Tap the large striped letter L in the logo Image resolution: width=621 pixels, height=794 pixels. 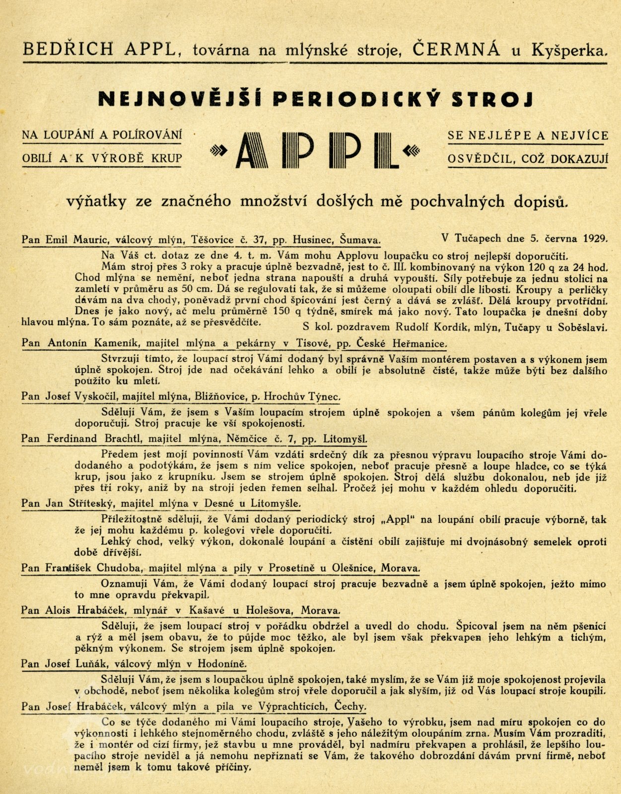[x=388, y=150]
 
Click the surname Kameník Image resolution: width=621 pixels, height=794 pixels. [x=104, y=343]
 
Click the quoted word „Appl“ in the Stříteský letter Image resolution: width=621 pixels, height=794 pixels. [x=397, y=520]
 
